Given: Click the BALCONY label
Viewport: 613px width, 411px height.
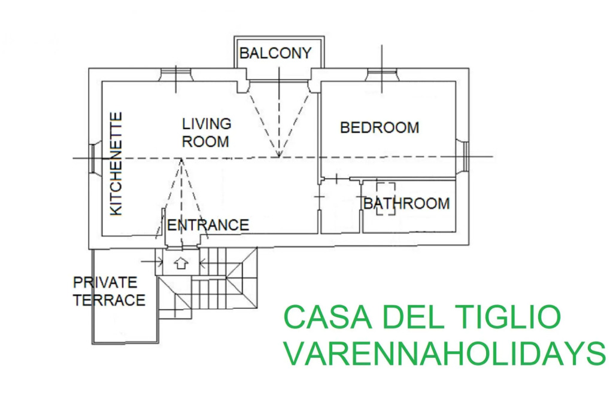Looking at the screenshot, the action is click(x=275, y=53).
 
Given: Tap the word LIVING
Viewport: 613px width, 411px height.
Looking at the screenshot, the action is click(x=207, y=124).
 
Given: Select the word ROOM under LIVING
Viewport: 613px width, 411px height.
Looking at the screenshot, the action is click(x=206, y=141).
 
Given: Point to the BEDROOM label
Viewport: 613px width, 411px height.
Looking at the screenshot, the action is click(x=380, y=128).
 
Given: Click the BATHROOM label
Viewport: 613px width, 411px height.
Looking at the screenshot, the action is click(x=406, y=203).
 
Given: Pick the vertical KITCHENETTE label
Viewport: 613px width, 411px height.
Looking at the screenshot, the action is click(x=116, y=164).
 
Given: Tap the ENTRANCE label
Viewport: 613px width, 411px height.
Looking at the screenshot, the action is click(x=208, y=225).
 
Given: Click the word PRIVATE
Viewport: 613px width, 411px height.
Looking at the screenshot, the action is click(x=105, y=282).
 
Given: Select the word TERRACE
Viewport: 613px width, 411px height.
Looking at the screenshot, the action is click(x=109, y=300).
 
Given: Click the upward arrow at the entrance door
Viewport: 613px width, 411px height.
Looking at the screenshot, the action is click(x=181, y=263).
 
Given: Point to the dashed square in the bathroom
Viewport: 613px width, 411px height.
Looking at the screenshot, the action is click(x=386, y=199).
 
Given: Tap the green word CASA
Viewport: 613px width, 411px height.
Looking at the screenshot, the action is click(x=328, y=317).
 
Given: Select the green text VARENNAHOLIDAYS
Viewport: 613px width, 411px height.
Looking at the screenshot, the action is click(x=445, y=353).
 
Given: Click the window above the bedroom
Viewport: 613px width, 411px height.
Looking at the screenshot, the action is click(x=382, y=75).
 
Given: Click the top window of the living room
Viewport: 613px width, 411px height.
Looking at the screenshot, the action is click(x=176, y=75).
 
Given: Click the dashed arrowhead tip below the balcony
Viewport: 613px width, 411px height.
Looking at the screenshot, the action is click(x=279, y=157).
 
